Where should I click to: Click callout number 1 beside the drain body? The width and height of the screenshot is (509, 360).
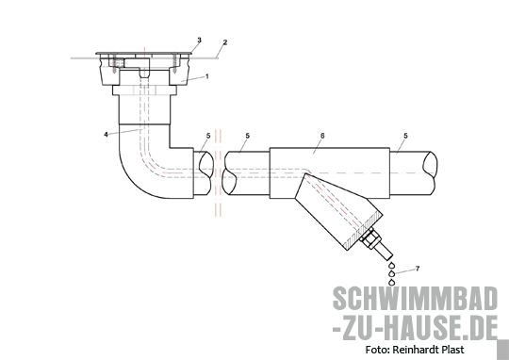[207, 76]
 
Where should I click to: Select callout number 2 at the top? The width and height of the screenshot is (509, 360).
[225, 42]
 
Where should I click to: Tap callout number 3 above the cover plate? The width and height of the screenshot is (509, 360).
[199, 40]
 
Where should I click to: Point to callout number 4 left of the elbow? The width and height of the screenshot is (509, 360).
[106, 134]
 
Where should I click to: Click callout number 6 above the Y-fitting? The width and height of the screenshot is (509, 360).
[322, 136]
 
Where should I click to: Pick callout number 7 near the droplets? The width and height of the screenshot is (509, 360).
[418, 269]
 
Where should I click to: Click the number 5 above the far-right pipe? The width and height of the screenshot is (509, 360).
[405, 136]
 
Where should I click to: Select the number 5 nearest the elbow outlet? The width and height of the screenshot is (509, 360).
[208, 136]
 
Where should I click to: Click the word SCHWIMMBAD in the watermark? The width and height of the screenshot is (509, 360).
[415, 299]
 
